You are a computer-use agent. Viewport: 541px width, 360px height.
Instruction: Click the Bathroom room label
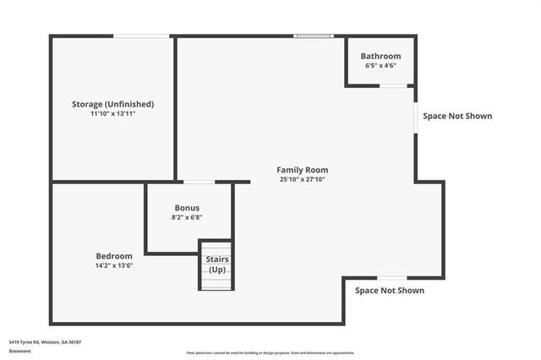[380, 56]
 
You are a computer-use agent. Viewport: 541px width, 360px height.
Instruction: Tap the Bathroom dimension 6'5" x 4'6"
[380, 65]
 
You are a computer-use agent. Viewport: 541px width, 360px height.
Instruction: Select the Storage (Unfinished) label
[112, 104]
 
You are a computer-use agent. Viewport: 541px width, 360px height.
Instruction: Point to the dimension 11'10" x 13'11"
[112, 113]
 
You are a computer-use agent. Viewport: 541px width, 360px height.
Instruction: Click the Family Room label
[303, 170]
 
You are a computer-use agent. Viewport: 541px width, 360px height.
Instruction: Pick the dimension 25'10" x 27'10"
[303, 179]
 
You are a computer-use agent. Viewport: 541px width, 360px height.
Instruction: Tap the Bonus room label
[187, 208]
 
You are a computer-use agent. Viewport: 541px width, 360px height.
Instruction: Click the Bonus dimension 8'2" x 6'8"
[187, 217]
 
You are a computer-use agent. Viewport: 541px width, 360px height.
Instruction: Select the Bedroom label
[113, 256]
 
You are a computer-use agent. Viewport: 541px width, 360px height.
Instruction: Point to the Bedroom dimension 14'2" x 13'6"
[113, 265]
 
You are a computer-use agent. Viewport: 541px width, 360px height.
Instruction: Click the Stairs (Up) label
[217, 265]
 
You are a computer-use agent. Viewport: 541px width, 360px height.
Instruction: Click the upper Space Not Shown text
[457, 117]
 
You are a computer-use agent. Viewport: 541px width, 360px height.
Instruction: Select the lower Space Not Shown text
[390, 291]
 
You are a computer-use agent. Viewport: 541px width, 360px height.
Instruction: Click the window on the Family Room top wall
[313, 35]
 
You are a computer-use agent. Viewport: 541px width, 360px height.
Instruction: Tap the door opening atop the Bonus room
[199, 182]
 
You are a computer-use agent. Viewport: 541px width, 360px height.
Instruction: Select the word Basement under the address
[19, 351]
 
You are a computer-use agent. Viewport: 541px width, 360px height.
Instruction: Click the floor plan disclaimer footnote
[270, 353]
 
